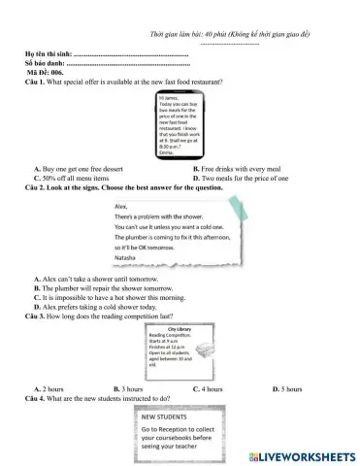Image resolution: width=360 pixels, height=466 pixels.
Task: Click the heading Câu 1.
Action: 37,82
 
